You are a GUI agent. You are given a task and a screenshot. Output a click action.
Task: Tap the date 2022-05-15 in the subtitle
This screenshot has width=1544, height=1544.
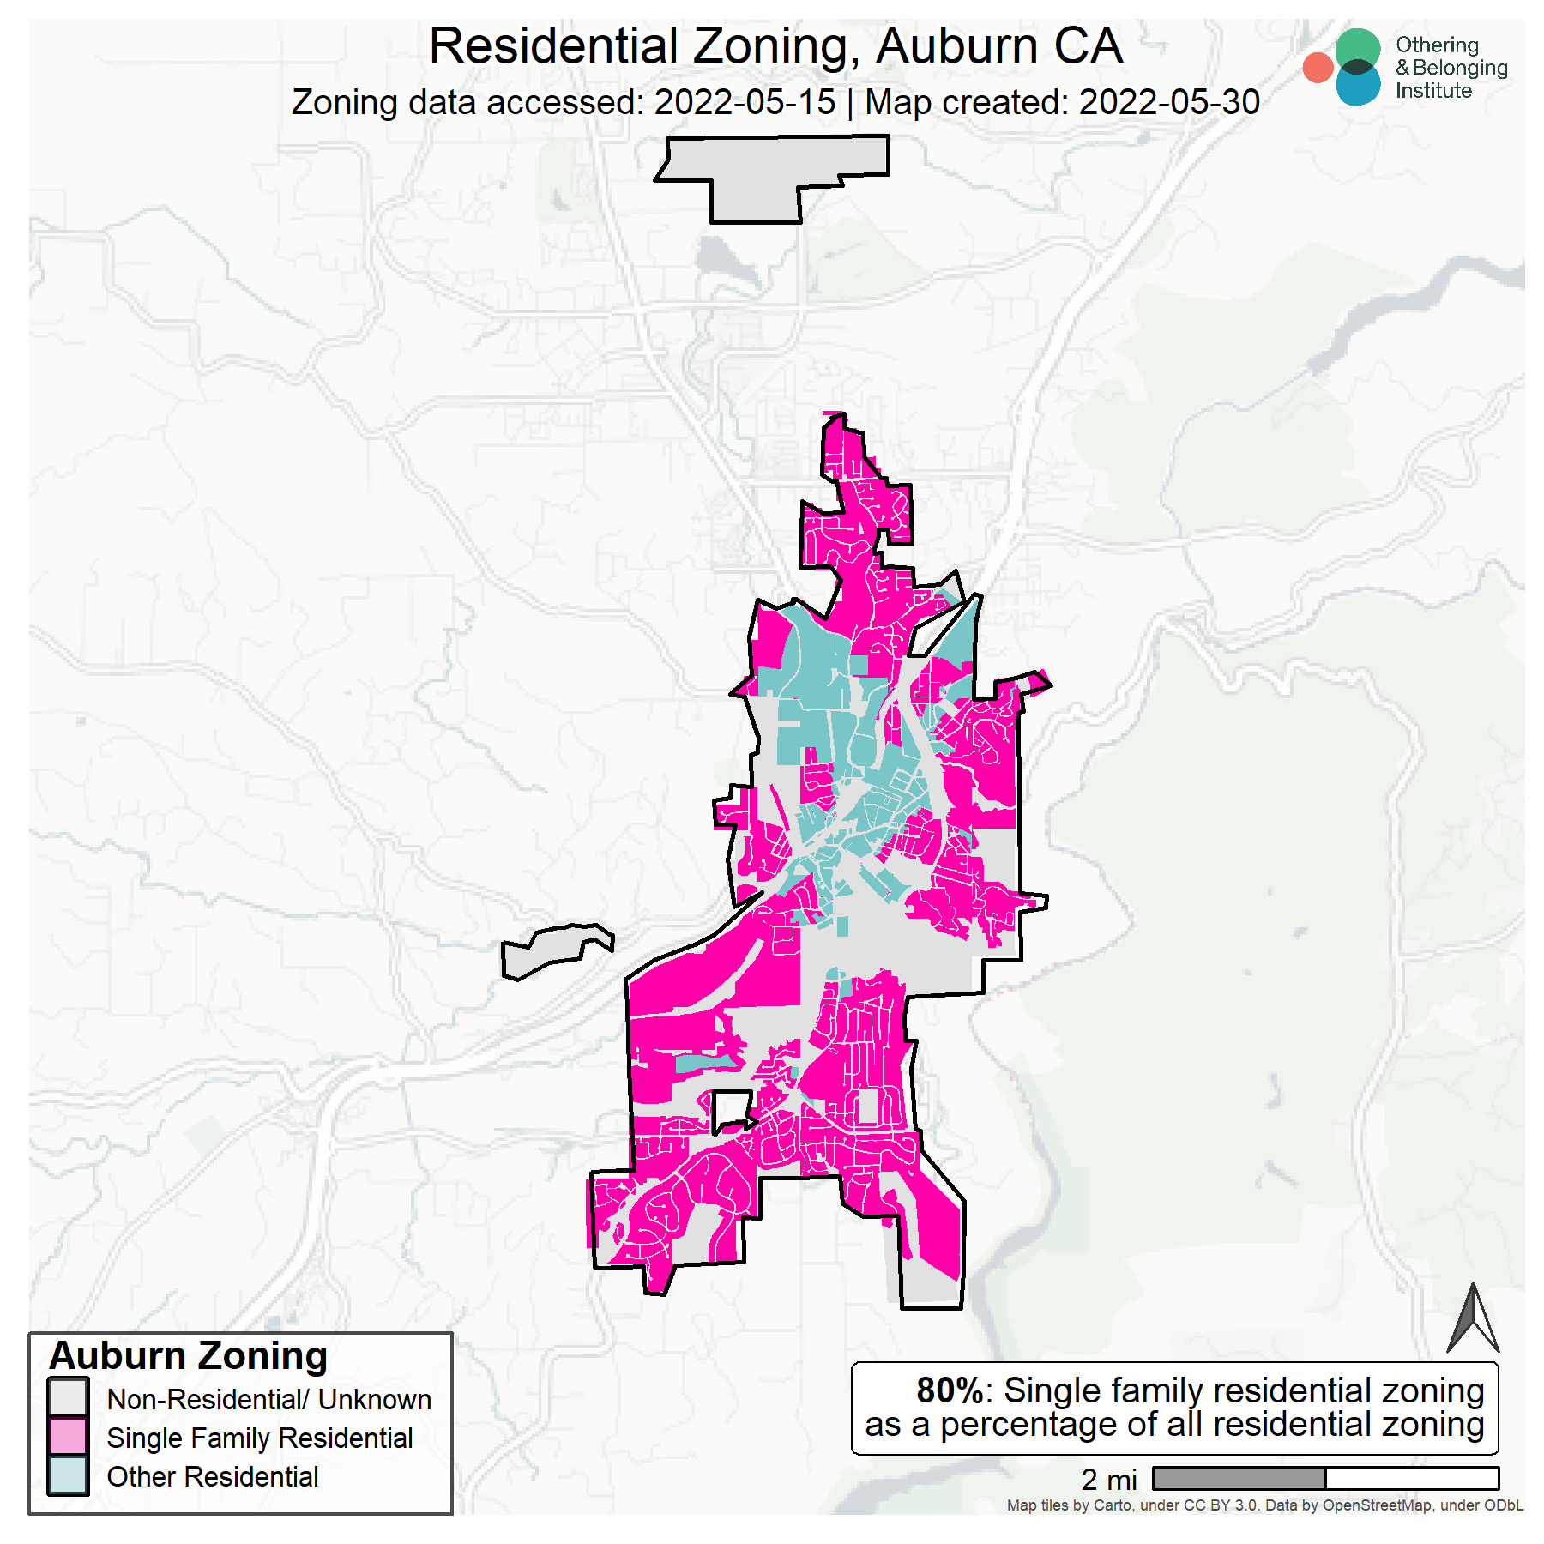coord(744,103)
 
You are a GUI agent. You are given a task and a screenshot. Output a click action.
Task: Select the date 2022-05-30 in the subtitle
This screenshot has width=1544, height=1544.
coord(1168,103)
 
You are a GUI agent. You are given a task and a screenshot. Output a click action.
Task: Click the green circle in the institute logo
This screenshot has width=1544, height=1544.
coord(1358,48)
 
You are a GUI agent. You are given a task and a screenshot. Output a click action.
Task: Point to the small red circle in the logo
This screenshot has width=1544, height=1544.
coord(1318,68)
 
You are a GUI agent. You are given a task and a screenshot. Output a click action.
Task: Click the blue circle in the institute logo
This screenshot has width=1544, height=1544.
coord(1358,86)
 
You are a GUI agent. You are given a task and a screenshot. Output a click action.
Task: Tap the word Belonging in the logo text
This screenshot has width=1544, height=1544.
coord(1459,68)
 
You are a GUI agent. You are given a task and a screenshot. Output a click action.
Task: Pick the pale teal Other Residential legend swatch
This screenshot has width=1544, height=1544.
coord(69,1475)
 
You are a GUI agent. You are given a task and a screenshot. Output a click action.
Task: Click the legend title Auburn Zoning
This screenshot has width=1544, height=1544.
coord(189,1356)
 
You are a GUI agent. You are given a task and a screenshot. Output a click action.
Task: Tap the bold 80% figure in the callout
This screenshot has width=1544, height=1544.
coord(949,1390)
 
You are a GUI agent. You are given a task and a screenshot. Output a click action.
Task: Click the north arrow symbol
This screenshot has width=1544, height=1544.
coord(1472,1320)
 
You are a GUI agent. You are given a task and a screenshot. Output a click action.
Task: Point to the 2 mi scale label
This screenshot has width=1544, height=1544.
coord(1108,1480)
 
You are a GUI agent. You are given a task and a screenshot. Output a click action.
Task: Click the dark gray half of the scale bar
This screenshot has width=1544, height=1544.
coord(1239,1478)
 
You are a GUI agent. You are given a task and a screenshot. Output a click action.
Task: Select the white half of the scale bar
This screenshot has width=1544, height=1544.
coord(1412,1478)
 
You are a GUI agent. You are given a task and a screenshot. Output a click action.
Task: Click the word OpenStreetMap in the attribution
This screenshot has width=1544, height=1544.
coord(1376,1505)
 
